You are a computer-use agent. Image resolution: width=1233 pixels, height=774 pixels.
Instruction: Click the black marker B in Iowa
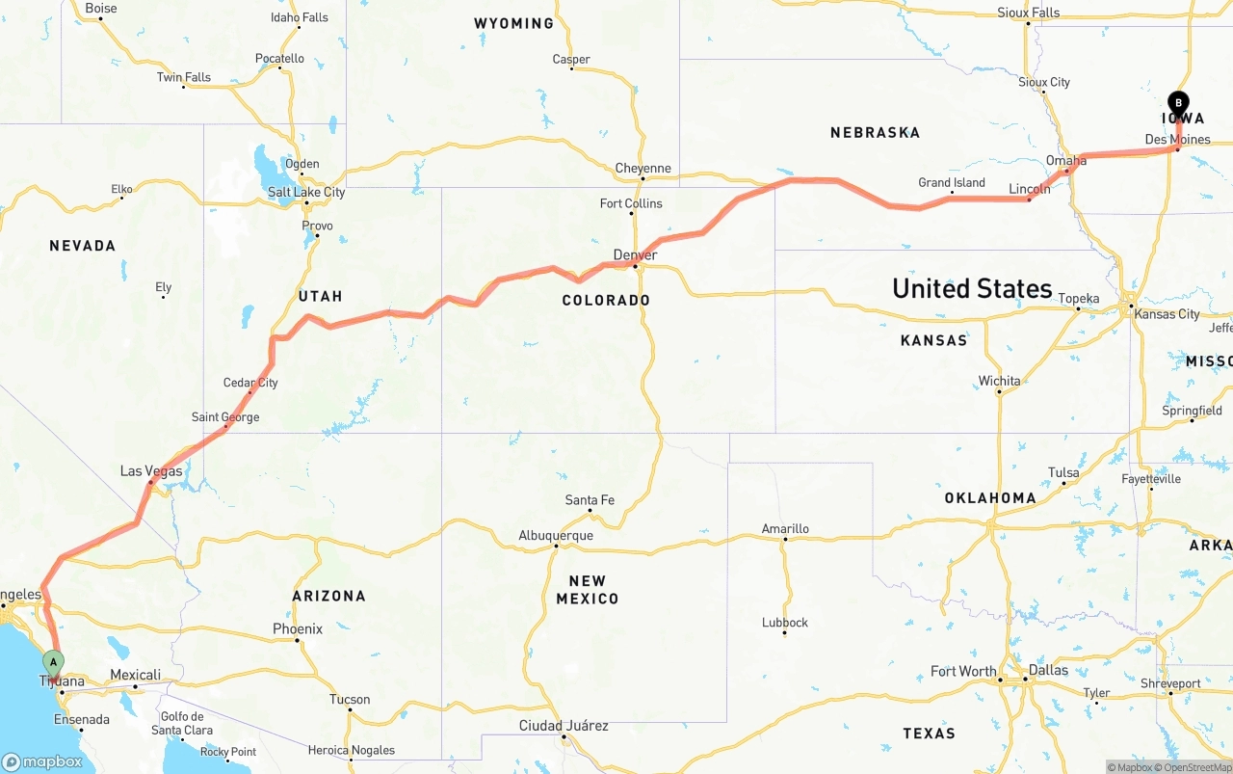point(1178,103)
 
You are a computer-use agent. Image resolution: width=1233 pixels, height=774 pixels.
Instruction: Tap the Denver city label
point(635,255)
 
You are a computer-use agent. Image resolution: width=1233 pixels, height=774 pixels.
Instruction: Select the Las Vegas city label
point(151,471)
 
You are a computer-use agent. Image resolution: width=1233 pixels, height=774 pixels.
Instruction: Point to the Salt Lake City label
point(306,192)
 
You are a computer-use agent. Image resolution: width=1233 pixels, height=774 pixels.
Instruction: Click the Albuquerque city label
point(556,536)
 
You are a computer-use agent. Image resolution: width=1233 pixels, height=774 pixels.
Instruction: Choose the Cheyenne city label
point(643,169)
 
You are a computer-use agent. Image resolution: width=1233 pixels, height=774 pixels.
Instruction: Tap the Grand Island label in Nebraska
point(952,183)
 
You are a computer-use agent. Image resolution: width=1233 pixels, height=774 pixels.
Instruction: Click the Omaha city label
point(1066,161)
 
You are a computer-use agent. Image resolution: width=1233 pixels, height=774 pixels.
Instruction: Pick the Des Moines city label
point(1177,140)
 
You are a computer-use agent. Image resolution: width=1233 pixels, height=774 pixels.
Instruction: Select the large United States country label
point(972,288)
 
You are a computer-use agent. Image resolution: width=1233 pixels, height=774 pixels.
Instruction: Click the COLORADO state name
point(606,301)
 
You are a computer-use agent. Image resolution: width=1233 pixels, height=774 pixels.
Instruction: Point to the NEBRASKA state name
point(875,133)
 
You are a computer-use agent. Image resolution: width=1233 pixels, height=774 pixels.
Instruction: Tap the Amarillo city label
point(785,529)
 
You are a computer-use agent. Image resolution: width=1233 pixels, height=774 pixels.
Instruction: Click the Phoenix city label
point(298,629)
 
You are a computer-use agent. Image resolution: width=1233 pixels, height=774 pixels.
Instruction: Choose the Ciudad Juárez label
point(564,726)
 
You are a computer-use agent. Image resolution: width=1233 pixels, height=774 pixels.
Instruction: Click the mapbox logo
point(42,762)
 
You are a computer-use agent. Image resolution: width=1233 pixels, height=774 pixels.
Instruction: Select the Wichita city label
point(999,382)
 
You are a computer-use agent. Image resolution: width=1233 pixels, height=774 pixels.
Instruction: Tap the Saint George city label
point(225,417)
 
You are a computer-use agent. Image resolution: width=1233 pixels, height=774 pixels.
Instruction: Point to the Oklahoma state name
point(990,498)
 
